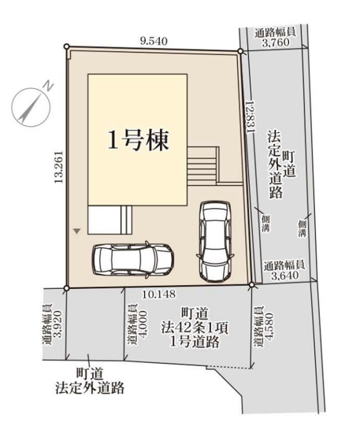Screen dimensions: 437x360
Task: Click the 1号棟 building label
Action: pos(137,141)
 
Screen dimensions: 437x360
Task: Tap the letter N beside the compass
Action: pos(48,85)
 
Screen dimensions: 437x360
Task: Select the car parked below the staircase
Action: pos(215,240)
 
